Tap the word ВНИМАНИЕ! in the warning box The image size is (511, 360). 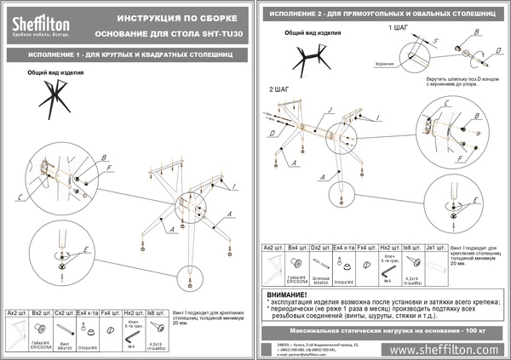tap(292, 292)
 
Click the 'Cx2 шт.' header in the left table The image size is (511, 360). tap(62, 314)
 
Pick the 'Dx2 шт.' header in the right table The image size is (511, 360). tap(319, 247)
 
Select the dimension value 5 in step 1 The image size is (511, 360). tap(435, 40)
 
